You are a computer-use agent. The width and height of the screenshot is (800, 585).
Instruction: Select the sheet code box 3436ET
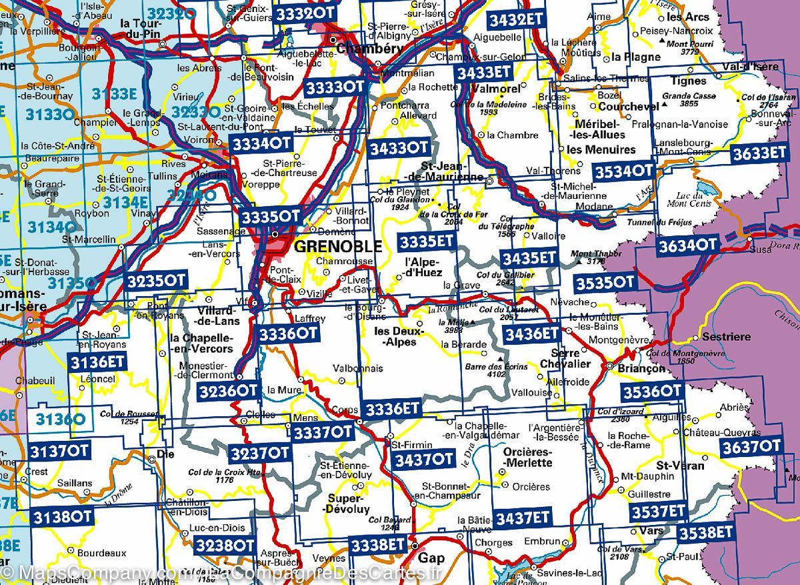click(x=530, y=332)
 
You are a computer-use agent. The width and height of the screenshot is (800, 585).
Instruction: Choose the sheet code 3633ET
click(x=758, y=153)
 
